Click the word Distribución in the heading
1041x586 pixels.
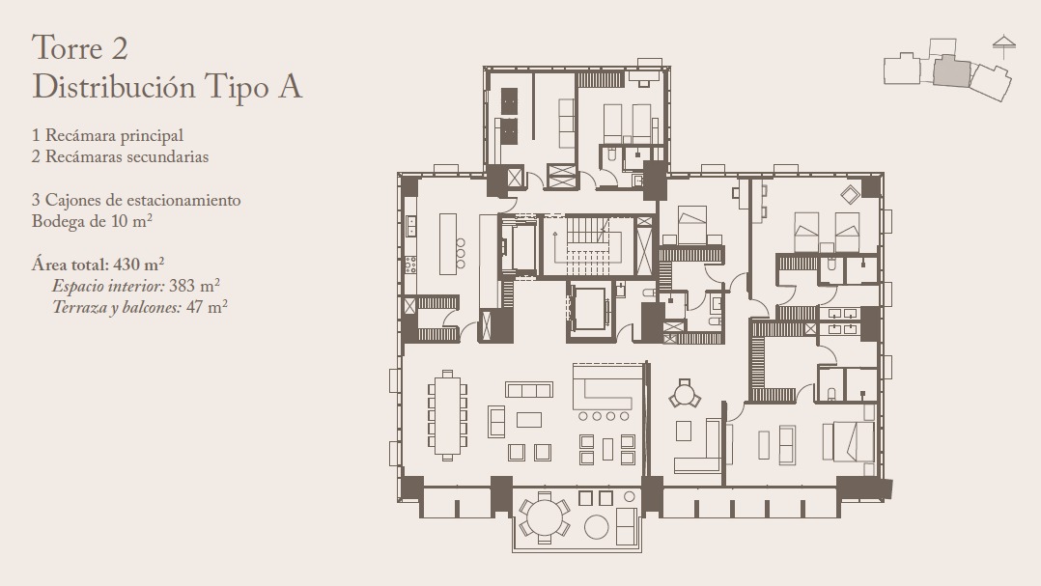tap(114, 87)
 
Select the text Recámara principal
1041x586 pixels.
tap(114, 136)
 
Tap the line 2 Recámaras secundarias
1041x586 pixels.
tap(120, 157)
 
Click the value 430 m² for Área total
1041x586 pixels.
tap(139, 265)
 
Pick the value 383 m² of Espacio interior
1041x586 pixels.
tap(194, 286)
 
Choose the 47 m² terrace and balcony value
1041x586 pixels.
tap(207, 307)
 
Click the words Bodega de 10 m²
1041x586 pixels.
tap(93, 221)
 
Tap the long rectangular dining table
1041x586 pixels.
tap(447, 416)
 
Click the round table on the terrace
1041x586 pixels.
tap(544, 517)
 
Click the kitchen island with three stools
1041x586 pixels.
tap(448, 243)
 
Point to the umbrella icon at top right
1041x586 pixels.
tap(1004, 46)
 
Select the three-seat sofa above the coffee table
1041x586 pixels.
tap(529, 390)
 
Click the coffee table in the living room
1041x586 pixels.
tap(529, 420)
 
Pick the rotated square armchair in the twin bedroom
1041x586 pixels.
tap(850, 194)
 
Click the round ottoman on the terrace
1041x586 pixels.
tap(596, 527)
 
